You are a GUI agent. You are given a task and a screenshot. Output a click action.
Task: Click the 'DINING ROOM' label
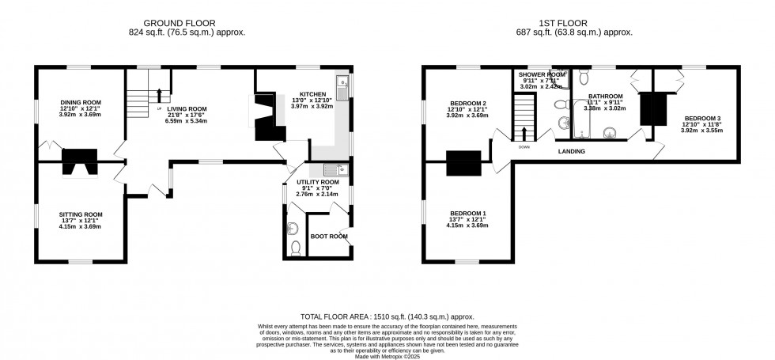coord(81,102)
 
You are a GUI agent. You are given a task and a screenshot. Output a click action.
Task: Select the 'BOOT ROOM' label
coord(329,236)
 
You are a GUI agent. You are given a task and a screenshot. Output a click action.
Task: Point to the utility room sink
coord(331,169)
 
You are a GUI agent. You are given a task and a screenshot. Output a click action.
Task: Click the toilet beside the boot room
coord(296,248)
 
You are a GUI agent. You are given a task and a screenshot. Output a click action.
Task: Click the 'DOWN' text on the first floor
coord(524,146)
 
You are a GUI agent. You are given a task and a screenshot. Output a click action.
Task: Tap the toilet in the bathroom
coord(584,77)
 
